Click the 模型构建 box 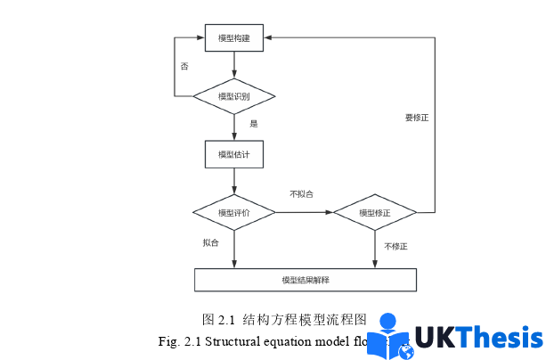(234, 37)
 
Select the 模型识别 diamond (234, 95)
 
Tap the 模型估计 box (234, 154)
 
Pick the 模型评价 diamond (234, 213)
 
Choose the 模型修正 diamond (375, 213)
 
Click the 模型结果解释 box (306, 279)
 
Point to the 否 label (184, 67)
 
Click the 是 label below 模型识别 (254, 124)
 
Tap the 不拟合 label (301, 194)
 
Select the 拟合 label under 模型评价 (210, 242)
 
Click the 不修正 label (396, 246)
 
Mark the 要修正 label (416, 117)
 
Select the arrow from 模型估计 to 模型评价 (234, 182)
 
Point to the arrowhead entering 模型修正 (329, 213)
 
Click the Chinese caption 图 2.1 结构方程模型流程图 (284, 318)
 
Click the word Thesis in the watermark (498, 337)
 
